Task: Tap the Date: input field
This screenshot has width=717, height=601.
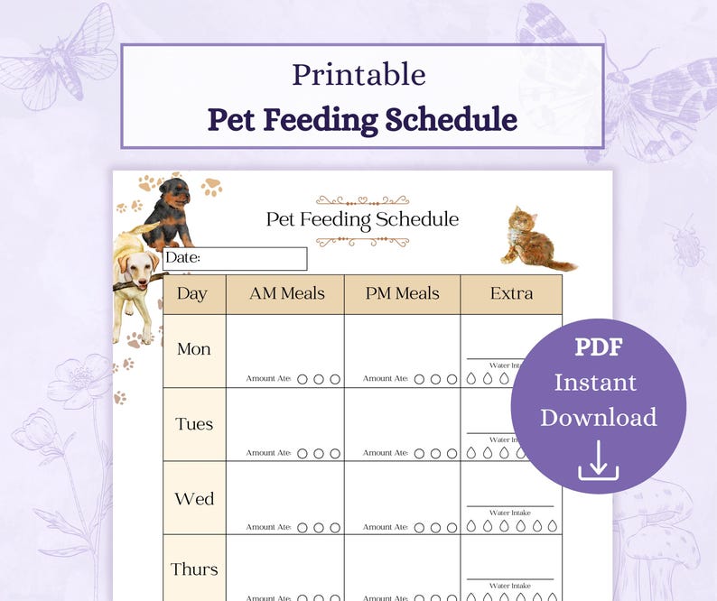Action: pos(235,259)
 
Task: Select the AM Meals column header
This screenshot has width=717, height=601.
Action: pos(284,293)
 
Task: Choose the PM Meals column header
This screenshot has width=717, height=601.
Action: pos(402,293)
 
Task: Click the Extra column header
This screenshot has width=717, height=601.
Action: pos(511,293)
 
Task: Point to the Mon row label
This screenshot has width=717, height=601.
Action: pos(193,349)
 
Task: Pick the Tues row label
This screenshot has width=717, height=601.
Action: pos(193,424)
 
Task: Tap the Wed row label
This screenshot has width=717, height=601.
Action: pos(193,499)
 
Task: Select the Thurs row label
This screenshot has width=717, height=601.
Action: pos(194,569)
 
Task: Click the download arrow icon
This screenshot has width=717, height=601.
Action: pos(598,459)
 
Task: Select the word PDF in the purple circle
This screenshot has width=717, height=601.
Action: pos(599,347)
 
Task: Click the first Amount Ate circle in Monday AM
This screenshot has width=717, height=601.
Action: pos(303,379)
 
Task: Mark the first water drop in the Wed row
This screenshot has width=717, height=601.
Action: pos(470,526)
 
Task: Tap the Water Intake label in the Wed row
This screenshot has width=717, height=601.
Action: pos(509,513)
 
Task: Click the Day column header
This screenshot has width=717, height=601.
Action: pos(192,293)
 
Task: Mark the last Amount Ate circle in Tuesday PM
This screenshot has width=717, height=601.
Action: pos(451,453)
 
